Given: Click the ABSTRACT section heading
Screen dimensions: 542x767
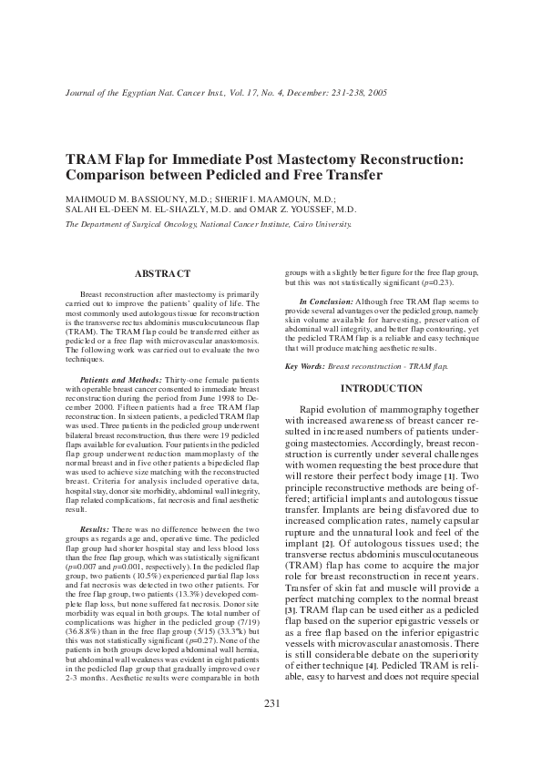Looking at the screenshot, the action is point(162,273).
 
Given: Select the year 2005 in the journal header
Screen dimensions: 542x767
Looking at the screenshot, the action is point(376,93).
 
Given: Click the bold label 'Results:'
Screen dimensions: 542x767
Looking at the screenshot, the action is point(95,527).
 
